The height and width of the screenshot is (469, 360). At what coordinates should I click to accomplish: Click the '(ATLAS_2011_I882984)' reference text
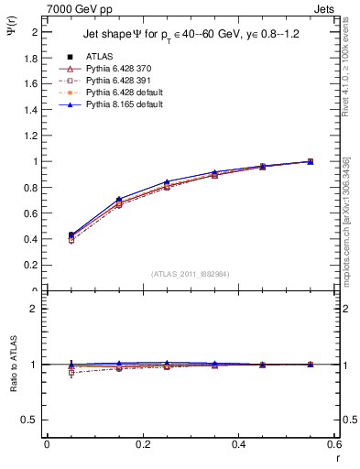[190, 273]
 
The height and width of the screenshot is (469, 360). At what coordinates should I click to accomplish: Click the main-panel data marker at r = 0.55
[310, 161]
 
